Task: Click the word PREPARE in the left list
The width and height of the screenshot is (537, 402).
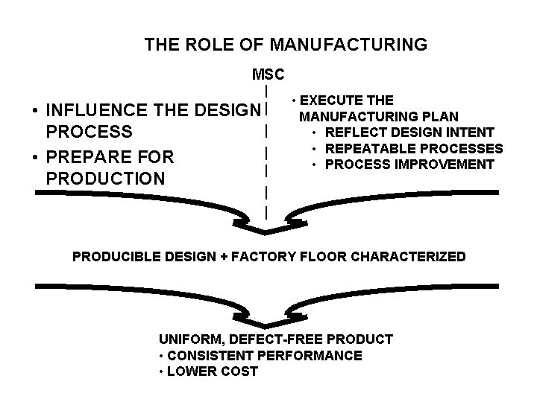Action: coord(89,157)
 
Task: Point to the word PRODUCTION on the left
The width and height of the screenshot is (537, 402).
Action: coord(105,179)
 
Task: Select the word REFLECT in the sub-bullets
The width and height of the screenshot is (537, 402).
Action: coord(354,133)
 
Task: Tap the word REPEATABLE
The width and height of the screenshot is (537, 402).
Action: coord(370,148)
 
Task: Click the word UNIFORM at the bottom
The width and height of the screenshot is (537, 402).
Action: coord(187,339)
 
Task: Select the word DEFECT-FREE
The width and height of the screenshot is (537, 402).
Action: coord(265,339)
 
